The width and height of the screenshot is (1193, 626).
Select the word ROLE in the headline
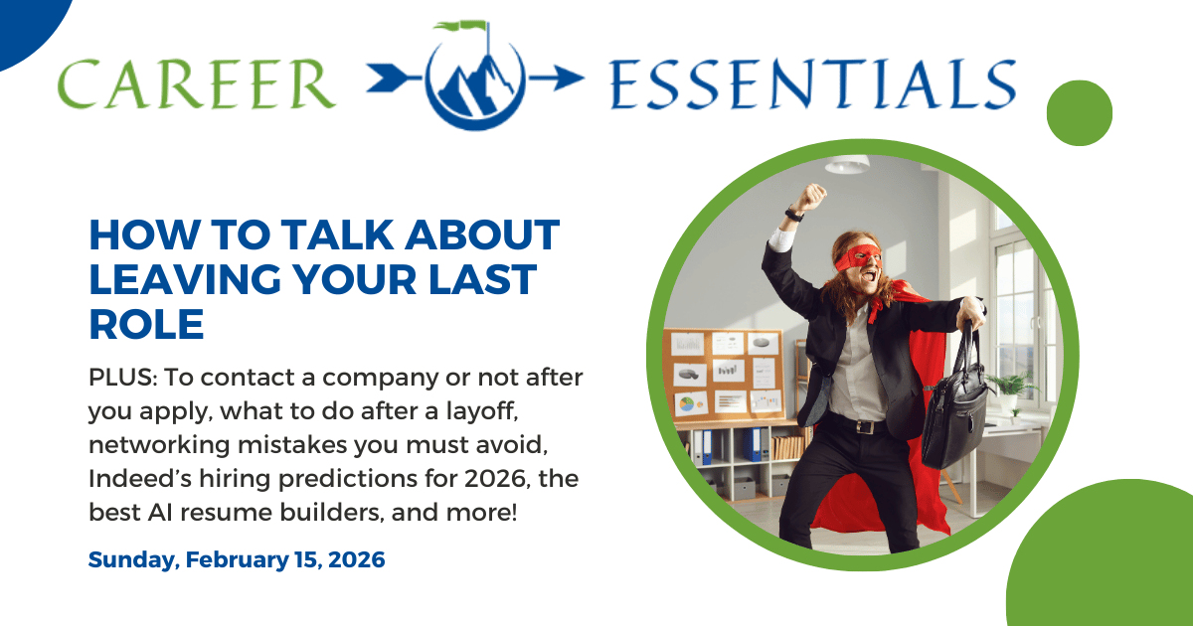coord(146,324)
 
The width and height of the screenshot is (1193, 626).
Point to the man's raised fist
coord(813,195)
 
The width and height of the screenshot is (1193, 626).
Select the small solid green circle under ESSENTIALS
coord(1080,112)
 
